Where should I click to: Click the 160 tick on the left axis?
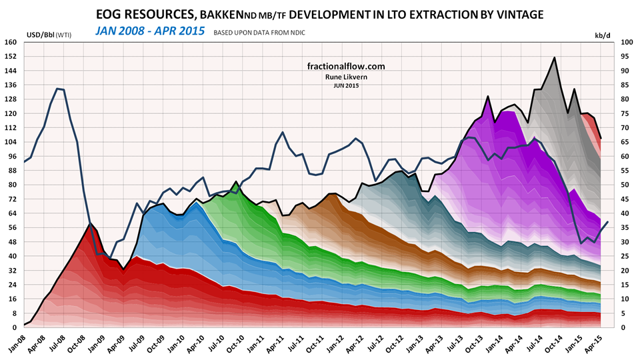coord(10,41)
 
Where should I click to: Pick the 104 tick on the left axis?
coord(10,141)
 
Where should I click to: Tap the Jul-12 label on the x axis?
coord(376,344)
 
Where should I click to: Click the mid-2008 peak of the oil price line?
coord(59,89)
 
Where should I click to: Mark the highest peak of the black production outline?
coord(555,57)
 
